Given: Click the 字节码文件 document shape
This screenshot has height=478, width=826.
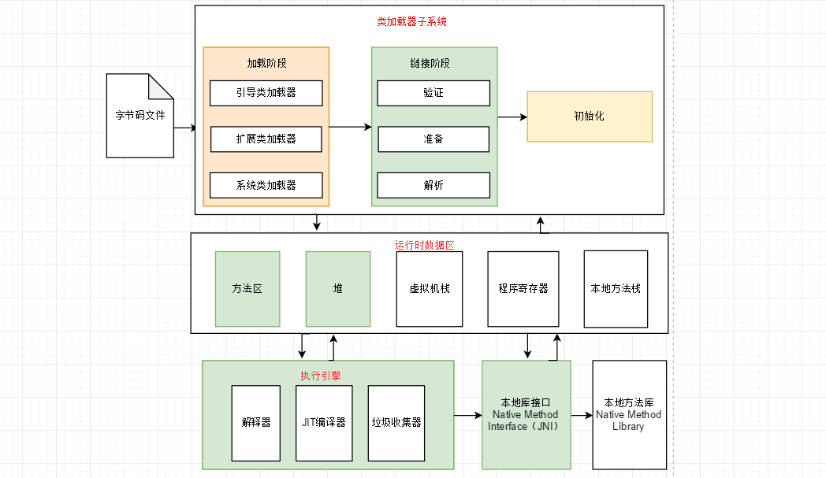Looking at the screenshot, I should [140, 116].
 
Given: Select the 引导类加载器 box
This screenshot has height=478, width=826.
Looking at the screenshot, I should [266, 93].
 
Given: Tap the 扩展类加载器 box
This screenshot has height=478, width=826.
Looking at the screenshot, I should [266, 139].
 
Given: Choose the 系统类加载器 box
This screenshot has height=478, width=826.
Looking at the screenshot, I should [266, 186].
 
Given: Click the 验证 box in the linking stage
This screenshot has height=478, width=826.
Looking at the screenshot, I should [433, 93].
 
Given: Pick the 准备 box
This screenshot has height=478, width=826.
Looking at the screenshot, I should [433, 139].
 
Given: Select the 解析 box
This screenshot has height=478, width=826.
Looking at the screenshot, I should [433, 186].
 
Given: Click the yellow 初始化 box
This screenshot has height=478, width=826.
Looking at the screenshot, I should [589, 117].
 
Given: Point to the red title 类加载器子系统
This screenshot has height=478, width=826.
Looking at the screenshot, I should [411, 22].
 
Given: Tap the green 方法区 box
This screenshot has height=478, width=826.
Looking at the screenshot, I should [247, 289].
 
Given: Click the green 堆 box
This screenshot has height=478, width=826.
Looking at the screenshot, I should [338, 289].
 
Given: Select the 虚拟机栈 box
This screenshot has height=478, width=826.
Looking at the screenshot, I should [429, 289].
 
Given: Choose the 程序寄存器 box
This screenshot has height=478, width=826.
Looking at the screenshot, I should [523, 289].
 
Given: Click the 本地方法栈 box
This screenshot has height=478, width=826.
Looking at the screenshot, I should [616, 289].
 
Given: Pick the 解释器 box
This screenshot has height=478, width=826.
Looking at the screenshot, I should [256, 423].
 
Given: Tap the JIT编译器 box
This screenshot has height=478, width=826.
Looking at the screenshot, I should [324, 423].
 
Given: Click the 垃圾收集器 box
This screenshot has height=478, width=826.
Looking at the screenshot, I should [396, 423].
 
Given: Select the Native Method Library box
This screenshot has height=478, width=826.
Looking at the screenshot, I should [629, 415].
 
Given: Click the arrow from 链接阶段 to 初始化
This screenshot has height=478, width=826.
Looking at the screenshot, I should [512, 117].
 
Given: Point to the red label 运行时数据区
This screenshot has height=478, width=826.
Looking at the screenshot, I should [425, 246].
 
